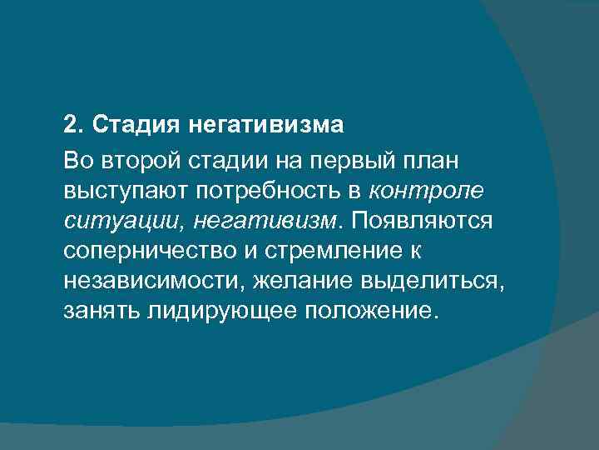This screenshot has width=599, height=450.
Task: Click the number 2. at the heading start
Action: tap(75, 127)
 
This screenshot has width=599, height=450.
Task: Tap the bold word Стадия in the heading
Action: tap(136, 127)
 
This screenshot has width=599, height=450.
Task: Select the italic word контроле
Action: tap(425, 191)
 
